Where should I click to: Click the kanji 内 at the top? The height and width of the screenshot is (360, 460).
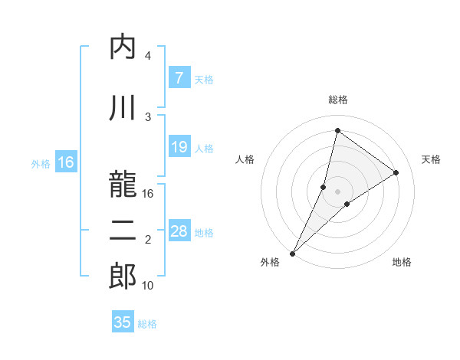pyautogui.click(x=123, y=47)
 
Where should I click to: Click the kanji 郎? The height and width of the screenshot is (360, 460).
pyautogui.click(x=123, y=277)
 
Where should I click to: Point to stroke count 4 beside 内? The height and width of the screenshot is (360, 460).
pyautogui.click(x=148, y=57)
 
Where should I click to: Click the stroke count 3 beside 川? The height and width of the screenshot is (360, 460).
pyautogui.click(x=148, y=116)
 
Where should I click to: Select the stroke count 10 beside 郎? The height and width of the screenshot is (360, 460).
pyautogui.click(x=149, y=286)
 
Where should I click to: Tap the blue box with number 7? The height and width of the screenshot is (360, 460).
pyautogui.click(x=179, y=78)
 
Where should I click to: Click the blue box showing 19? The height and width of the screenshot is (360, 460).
pyautogui.click(x=179, y=147)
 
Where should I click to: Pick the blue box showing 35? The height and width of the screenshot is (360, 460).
pyautogui.click(x=123, y=322)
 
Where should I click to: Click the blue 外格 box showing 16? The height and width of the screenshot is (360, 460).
pyautogui.click(x=65, y=162)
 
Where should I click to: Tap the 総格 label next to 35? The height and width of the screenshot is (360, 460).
pyautogui.click(x=147, y=324)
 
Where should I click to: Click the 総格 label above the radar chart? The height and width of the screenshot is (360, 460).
pyautogui.click(x=337, y=100)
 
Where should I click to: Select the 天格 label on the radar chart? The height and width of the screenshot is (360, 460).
pyautogui.click(x=431, y=159)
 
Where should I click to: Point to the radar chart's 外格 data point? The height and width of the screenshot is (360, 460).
pyautogui.click(x=292, y=253)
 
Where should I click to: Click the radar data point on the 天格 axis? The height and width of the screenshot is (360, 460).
pyautogui.click(x=396, y=172)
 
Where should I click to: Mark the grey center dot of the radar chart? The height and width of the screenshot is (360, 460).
pyautogui.click(x=337, y=191)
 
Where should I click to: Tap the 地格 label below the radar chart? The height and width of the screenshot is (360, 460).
pyautogui.click(x=402, y=262)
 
